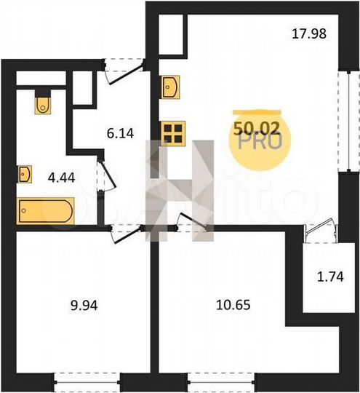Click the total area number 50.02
[257, 128]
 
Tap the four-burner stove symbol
[172, 132]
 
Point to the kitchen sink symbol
[172, 89]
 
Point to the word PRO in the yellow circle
[256, 143]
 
